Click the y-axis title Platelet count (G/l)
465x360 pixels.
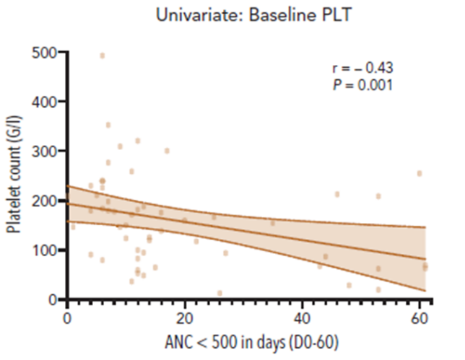pos(14,175)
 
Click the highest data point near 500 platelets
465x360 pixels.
pos(103,56)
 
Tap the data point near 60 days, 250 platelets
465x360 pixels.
pos(419,173)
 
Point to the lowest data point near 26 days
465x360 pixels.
pos(220,293)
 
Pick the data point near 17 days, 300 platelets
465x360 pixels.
pos(167,151)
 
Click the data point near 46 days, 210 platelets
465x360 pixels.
pos(336,194)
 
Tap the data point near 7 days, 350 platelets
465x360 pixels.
pos(108,125)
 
